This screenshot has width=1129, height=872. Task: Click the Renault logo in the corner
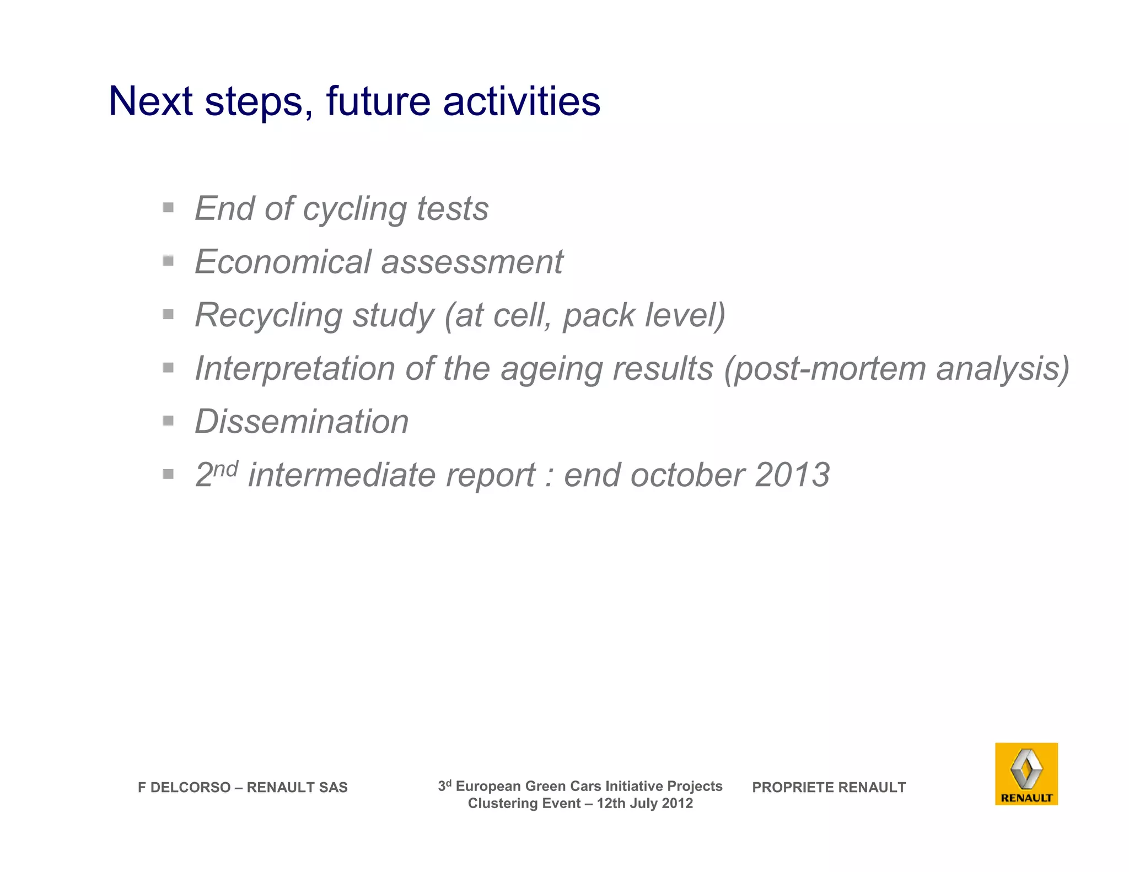point(1026,773)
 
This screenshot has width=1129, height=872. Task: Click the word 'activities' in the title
point(521,101)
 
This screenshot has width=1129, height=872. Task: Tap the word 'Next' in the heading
point(150,101)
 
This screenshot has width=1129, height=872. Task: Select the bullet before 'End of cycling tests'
point(169,208)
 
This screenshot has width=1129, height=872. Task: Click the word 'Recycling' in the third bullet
point(268,316)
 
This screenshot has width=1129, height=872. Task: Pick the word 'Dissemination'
point(302,422)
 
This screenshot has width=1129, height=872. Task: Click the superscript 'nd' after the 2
point(225,469)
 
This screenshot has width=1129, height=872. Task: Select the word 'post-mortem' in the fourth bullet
point(830,368)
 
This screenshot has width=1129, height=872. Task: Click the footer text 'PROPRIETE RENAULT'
point(829,787)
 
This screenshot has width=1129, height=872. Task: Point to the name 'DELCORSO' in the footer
point(190,787)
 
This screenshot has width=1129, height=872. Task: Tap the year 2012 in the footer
point(677,803)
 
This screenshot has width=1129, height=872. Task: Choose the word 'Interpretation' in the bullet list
point(295,368)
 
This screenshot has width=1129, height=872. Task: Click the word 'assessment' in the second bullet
point(472,261)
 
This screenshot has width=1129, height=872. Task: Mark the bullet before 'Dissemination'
point(169,421)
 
